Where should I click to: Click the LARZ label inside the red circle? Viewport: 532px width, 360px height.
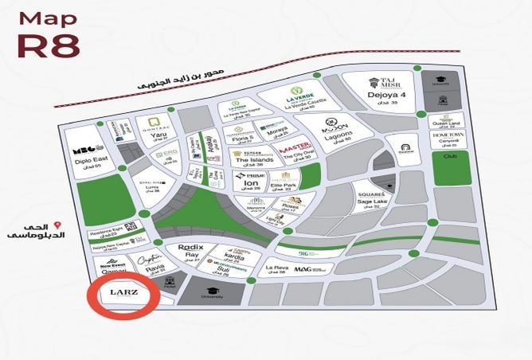coord(123,295)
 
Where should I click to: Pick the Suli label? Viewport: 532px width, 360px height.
coord(226,269)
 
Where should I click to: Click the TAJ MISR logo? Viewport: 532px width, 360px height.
coord(385,82)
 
